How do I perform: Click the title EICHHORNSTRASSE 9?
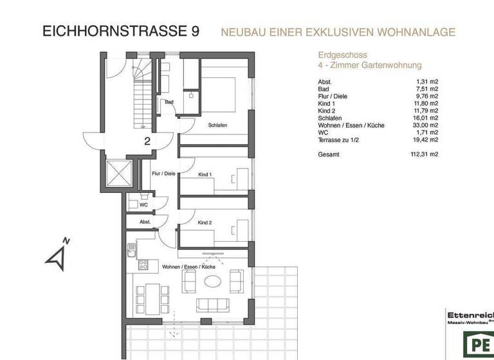click(120, 31)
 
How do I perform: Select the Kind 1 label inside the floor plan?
click(205, 174)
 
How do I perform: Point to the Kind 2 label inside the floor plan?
click(205, 222)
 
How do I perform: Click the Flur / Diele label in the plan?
click(163, 174)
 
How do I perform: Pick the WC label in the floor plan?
click(143, 205)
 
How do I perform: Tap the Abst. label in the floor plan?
click(145, 222)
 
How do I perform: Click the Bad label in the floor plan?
click(169, 102)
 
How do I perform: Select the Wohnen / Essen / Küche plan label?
click(188, 266)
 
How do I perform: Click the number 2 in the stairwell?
click(147, 141)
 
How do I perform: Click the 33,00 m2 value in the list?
click(425, 125)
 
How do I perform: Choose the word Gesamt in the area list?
click(329, 154)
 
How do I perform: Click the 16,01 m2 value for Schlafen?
click(425, 118)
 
